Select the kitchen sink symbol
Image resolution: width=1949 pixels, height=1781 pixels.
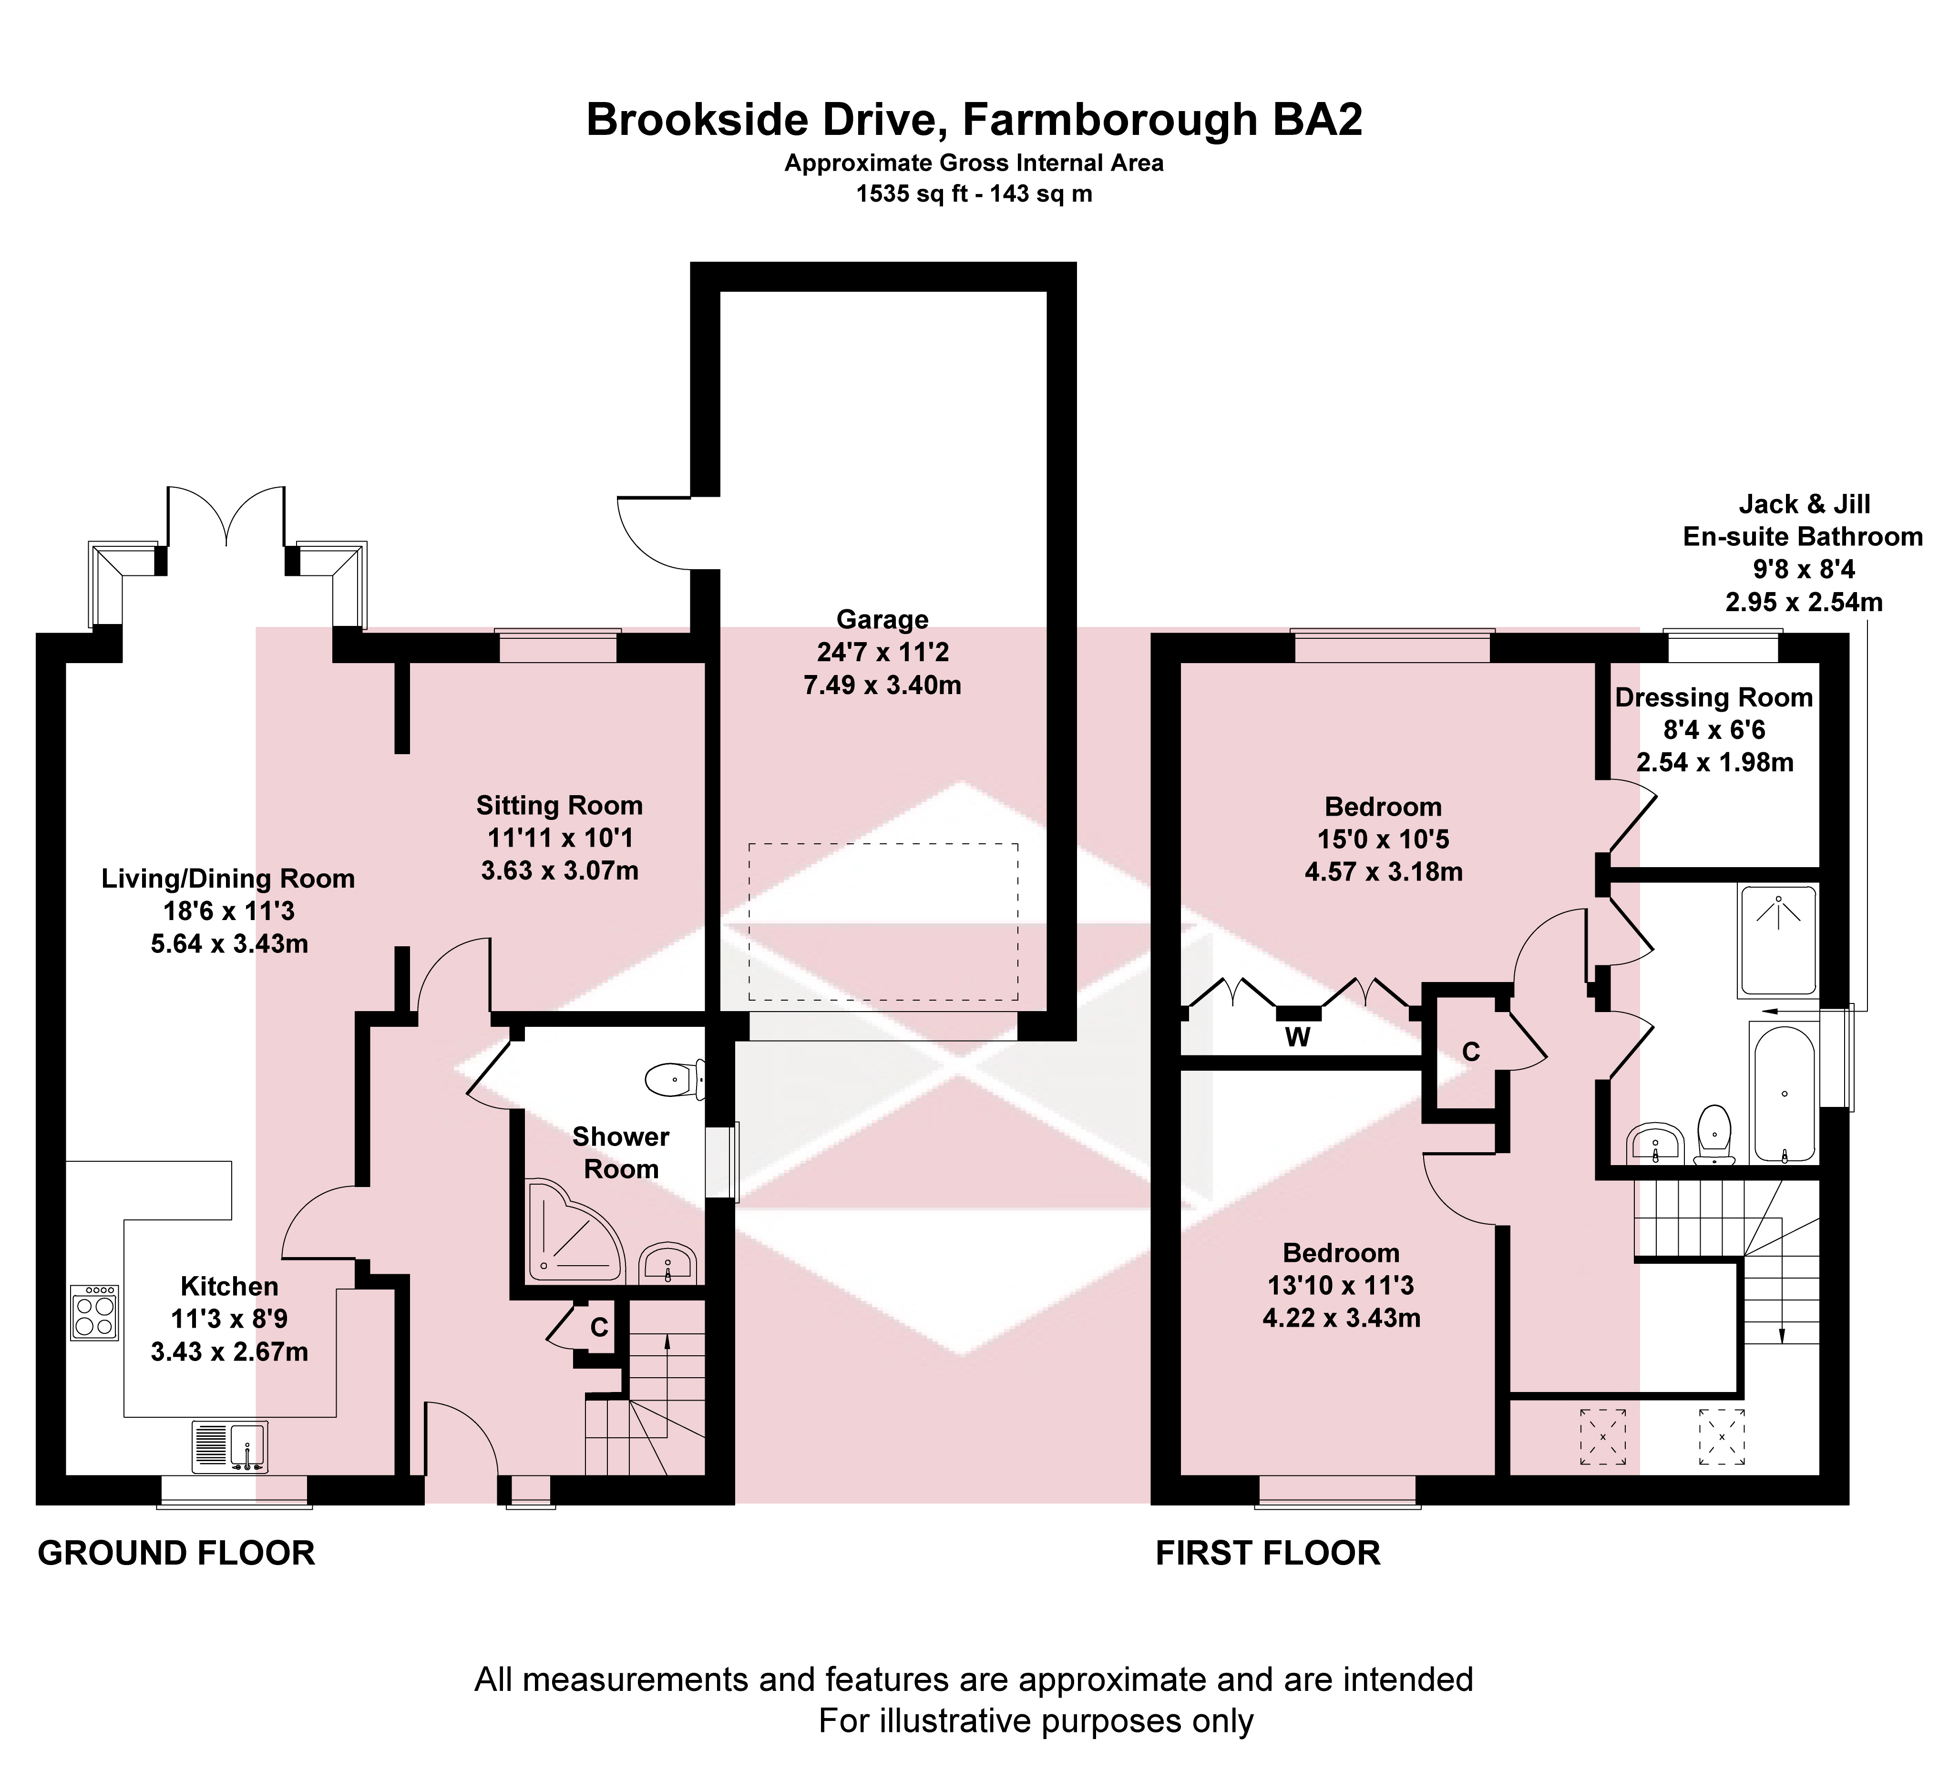(x=230, y=1446)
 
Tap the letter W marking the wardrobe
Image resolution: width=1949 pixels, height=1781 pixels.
(x=1297, y=1037)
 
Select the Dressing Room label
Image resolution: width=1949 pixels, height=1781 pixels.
(x=1714, y=697)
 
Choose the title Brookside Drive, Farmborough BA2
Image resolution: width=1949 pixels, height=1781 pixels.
(x=974, y=120)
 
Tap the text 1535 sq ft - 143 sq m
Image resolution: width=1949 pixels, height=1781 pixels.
(x=974, y=194)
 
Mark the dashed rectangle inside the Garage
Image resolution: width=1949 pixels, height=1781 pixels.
(x=882, y=921)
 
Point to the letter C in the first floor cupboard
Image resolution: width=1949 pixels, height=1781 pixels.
(x=1471, y=1052)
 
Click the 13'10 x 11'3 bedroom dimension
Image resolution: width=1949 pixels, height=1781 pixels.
(x=1341, y=1285)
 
